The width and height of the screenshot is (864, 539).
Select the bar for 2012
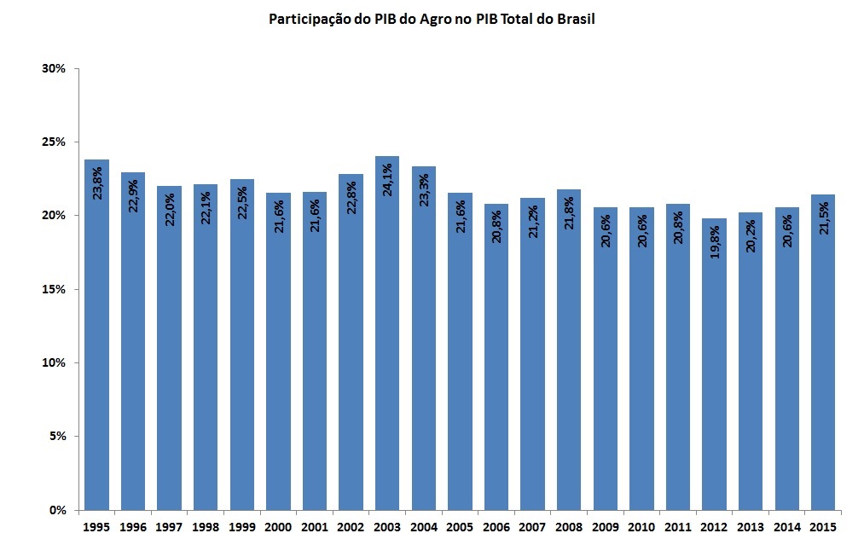[x=714, y=367]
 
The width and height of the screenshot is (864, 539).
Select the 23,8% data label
[x=97, y=183]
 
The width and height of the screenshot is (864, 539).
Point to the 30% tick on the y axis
[x=54, y=68]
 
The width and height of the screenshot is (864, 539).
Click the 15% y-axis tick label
[x=54, y=289]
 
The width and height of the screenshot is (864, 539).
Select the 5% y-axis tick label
[x=57, y=437]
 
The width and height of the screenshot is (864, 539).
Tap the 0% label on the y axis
[x=57, y=510]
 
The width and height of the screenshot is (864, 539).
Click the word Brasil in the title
[x=576, y=19]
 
